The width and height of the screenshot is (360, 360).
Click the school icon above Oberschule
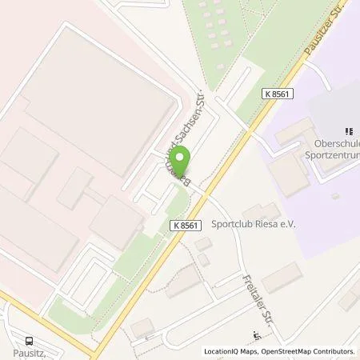[x=349, y=130]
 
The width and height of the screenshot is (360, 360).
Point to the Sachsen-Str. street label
[x=194, y=132]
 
